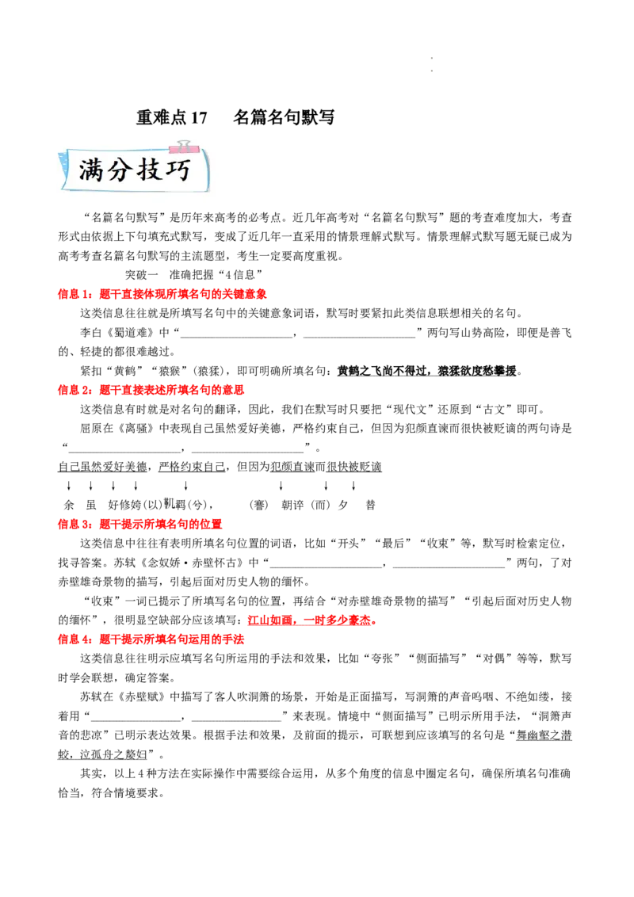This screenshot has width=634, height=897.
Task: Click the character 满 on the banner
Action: pyautogui.click(x=91, y=170)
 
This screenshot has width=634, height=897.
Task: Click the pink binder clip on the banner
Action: pyautogui.click(x=185, y=147)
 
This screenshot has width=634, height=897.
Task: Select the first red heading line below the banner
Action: pyautogui.click(x=163, y=295)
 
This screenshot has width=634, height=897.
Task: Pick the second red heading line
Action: pyautogui.click(x=151, y=390)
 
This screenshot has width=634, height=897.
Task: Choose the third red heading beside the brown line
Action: pyautogui.click(x=141, y=524)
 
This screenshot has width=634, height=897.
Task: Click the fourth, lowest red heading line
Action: pyautogui.click(x=151, y=639)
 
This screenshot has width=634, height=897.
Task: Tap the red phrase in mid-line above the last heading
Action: pyautogui.click(x=311, y=621)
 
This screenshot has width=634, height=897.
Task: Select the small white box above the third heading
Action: pyautogui.click(x=168, y=503)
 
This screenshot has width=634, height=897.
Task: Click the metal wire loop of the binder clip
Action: pyautogui.click(x=185, y=143)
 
